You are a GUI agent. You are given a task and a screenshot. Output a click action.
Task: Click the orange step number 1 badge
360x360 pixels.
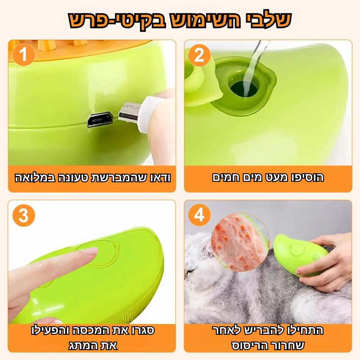coord(24,55)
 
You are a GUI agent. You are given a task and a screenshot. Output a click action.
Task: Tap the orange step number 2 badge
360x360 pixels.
coord(199,55)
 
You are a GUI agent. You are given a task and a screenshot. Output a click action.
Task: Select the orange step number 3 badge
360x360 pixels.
coord(24,216)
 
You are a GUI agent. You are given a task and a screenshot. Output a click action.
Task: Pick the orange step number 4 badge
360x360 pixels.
coord(199,215)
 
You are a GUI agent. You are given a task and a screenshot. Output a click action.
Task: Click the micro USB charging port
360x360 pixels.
coord(99,119)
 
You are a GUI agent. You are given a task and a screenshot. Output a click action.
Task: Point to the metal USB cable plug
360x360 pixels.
coord(129,112)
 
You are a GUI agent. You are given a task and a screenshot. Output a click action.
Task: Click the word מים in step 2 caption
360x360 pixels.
coord(256,178)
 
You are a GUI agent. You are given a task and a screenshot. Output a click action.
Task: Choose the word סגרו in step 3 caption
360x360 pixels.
coord(142,330)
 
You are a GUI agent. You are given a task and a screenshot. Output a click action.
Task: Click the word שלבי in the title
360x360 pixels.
coord(267,20)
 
